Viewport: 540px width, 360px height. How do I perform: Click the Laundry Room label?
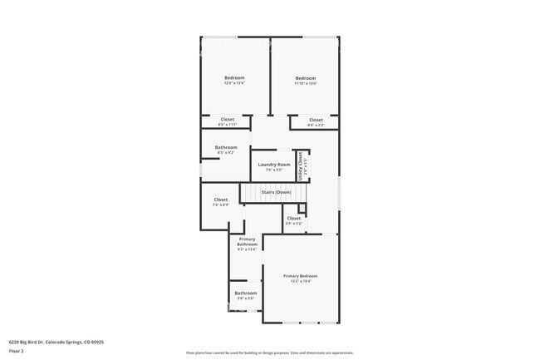click(273, 165)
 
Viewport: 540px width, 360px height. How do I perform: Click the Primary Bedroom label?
click(300, 276)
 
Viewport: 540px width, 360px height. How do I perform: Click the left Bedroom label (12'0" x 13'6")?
click(234, 78)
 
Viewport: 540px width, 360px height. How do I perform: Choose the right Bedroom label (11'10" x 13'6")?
click(306, 78)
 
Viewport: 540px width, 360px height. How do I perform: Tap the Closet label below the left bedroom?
click(227, 119)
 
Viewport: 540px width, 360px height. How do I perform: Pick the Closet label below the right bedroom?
click(316, 120)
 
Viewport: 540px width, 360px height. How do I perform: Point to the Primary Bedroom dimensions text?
click(300, 281)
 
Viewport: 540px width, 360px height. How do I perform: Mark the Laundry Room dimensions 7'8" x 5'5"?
click(273, 170)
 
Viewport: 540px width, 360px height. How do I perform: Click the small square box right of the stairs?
click(302, 208)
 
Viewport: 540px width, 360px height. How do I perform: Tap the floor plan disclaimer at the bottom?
click(269, 353)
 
